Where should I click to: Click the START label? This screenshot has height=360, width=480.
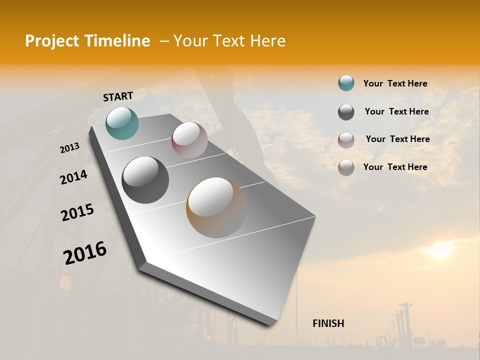(118, 96)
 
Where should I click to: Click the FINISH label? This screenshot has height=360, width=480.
(328, 323)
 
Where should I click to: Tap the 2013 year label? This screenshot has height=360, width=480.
(69, 147)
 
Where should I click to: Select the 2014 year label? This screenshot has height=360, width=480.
(73, 177)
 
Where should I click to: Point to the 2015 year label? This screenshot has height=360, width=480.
(77, 212)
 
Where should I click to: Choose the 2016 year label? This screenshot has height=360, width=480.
(85, 253)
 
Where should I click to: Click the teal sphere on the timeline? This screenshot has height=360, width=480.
(122, 123)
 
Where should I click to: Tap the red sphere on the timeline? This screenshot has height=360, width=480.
(189, 139)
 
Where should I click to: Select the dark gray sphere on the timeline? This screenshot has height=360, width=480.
(145, 179)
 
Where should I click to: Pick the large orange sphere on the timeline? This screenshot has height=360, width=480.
(216, 207)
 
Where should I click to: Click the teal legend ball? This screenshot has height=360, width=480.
(346, 83)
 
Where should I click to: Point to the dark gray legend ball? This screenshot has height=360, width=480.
(346, 112)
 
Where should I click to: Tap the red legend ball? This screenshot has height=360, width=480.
(346, 139)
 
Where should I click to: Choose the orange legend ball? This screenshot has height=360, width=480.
(346, 167)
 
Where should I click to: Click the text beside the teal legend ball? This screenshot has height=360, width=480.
(395, 83)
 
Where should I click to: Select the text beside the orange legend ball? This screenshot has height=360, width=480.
(395, 167)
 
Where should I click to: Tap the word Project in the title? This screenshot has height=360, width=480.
(51, 41)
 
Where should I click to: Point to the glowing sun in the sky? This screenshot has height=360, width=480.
(440, 250)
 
